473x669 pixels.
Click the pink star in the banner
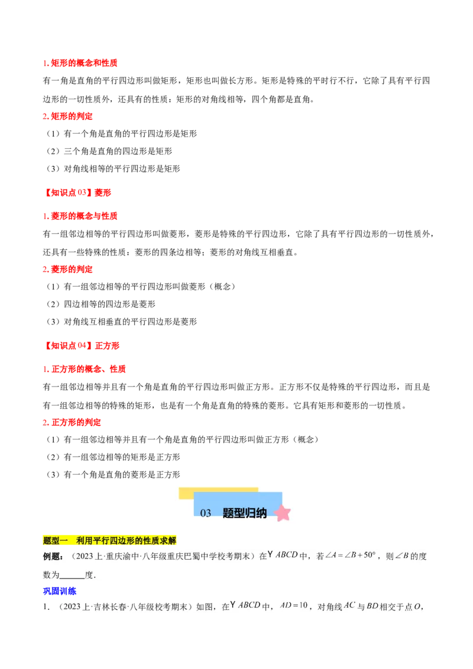pyautogui.click(x=283, y=513)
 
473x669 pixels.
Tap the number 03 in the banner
pyautogui.click(x=206, y=514)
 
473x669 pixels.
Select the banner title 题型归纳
pyautogui.click(x=245, y=514)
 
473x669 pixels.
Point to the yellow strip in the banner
pyautogui.click(x=218, y=491)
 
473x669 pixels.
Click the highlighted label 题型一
pyautogui.click(x=56, y=541)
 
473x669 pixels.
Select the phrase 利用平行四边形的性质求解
pyautogui.click(x=127, y=541)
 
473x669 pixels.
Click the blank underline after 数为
pyautogui.click(x=72, y=574)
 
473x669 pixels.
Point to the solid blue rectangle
pyautogui.click(x=60, y=590)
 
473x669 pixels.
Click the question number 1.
pyautogui.click(x=45, y=606)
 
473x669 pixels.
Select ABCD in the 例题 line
pyautogui.click(x=287, y=556)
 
